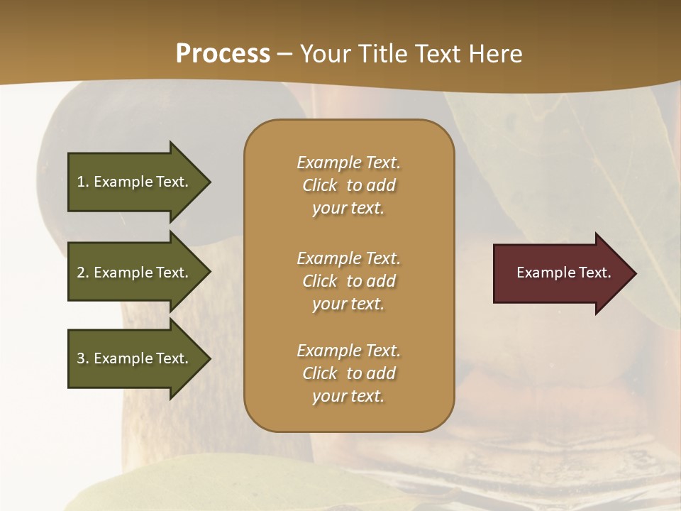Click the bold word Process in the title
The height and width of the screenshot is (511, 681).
coord(223,54)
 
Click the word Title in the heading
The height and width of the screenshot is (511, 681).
coord(384,54)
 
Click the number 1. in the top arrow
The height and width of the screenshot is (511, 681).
coord(83,182)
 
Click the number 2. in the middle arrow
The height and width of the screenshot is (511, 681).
coord(83,273)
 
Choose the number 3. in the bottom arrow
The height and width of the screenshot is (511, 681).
coord(83,358)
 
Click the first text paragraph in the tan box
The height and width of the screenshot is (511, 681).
coord(348,185)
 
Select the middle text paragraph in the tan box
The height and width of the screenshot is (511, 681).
coord(348,281)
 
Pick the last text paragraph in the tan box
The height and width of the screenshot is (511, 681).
coord(348,373)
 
